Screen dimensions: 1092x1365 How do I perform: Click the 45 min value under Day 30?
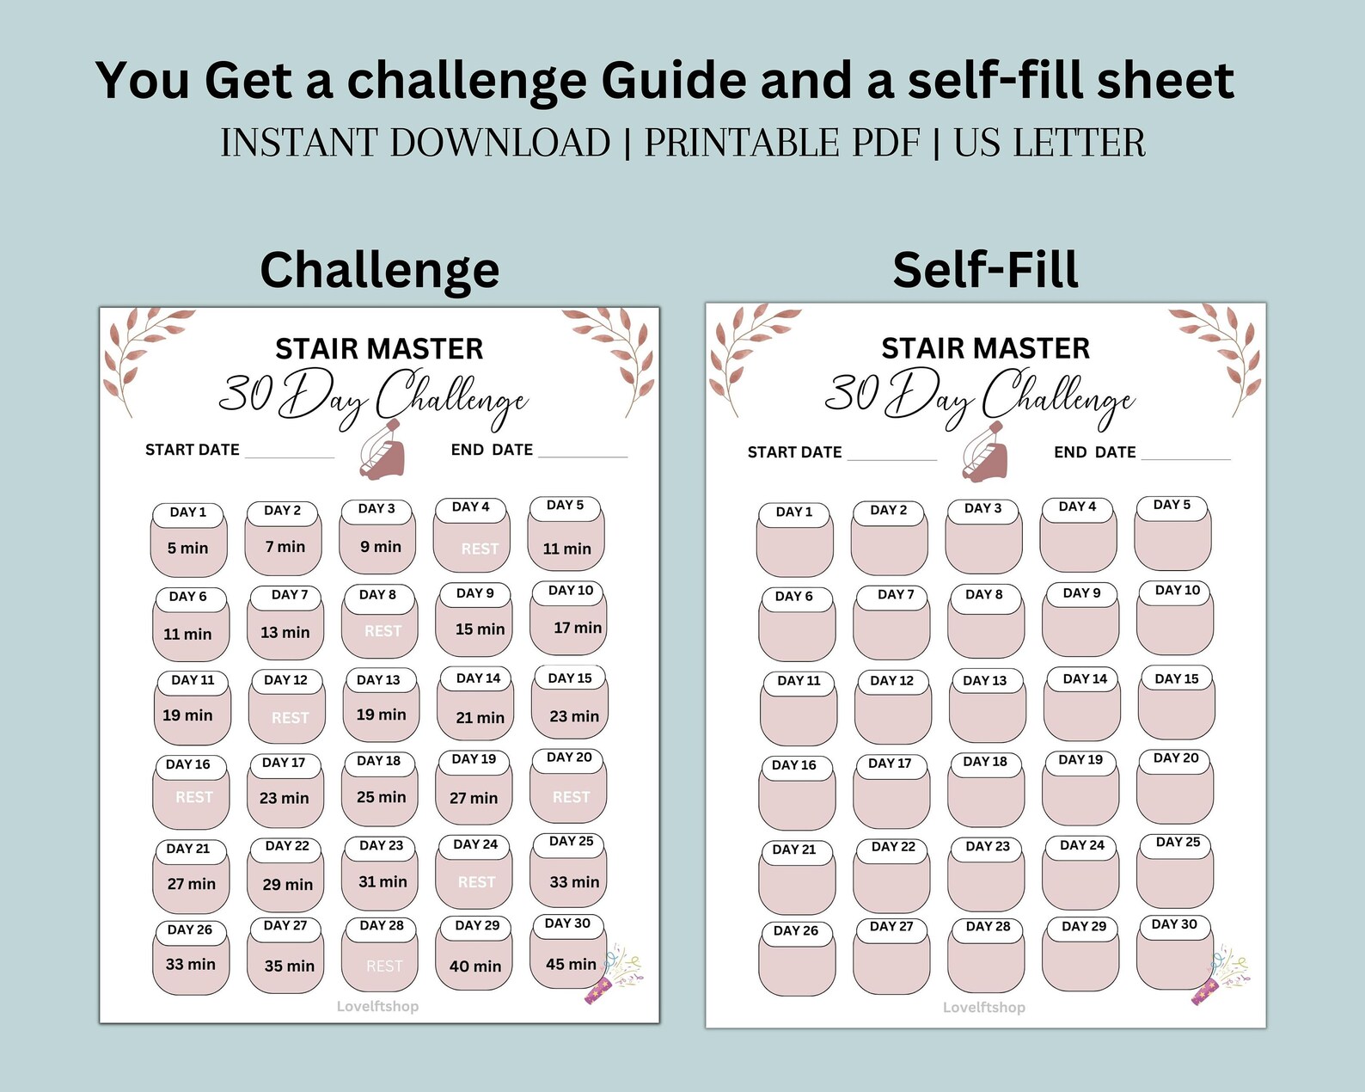571,964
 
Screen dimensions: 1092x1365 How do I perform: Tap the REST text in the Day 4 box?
480,549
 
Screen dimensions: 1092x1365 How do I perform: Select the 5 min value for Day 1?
187,548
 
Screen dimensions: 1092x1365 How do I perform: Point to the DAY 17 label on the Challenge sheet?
284,763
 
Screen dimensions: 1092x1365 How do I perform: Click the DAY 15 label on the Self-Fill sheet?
1176,678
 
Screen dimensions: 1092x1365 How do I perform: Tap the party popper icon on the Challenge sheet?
614,975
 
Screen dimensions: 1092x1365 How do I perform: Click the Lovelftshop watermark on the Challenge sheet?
377,1006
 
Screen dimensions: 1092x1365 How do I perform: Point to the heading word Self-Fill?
985,269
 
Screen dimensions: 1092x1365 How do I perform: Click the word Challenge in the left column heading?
379,270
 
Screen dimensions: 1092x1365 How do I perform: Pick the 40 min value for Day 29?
474,966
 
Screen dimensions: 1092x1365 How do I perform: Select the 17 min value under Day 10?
578,628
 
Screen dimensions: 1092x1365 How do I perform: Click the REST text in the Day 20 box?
571,797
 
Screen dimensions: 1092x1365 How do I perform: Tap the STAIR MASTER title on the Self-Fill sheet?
985,348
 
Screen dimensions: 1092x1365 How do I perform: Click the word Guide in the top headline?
674,80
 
